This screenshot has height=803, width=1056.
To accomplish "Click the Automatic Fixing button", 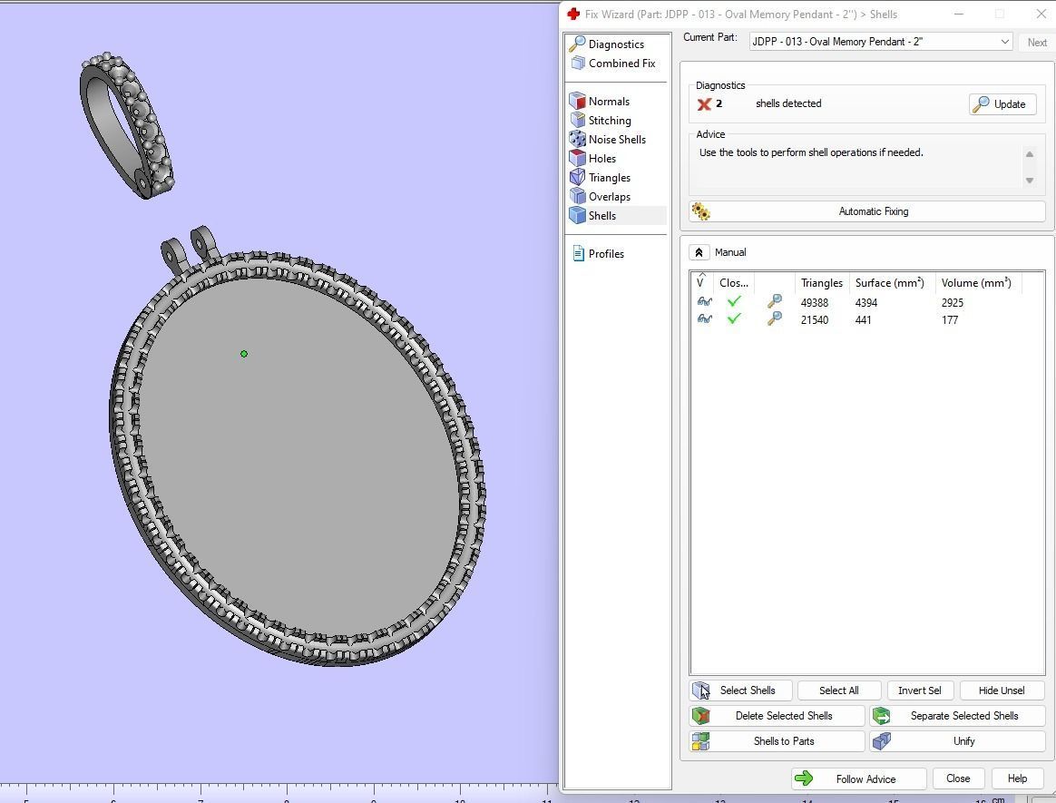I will (866, 211).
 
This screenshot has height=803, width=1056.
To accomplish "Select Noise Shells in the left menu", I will (616, 140).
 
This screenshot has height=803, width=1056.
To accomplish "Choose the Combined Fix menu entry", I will (621, 64).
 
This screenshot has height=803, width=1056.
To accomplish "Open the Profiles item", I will (605, 254).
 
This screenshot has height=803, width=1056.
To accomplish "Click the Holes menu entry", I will (601, 159).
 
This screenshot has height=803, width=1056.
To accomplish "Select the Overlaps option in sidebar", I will (609, 197).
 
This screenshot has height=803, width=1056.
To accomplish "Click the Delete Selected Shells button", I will (777, 716).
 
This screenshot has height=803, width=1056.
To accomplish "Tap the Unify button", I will (957, 741).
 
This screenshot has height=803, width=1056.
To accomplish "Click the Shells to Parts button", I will (777, 741).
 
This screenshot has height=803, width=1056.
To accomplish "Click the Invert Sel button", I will (919, 690).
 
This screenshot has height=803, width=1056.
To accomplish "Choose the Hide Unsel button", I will (1002, 690).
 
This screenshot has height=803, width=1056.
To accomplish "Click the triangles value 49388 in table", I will (814, 303).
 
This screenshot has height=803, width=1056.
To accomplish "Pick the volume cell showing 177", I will (950, 320).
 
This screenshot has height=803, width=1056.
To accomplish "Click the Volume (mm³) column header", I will (975, 283).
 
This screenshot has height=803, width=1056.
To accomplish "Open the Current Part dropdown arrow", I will (1004, 42).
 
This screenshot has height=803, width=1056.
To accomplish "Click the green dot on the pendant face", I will (244, 354).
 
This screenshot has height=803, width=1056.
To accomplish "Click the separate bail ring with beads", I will (127, 122).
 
